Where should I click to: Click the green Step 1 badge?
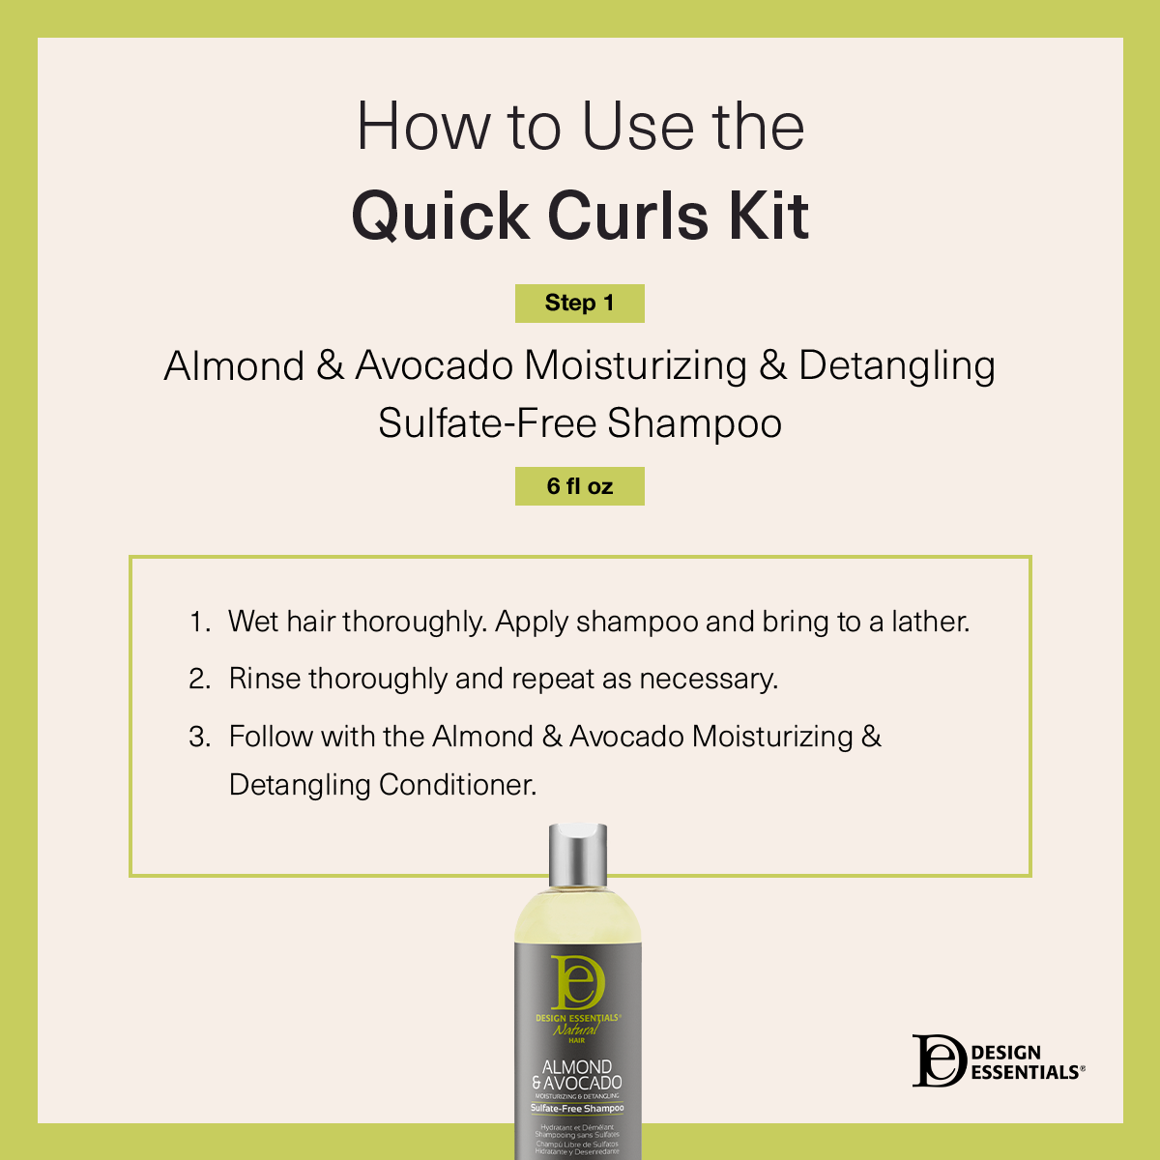[x=579, y=304]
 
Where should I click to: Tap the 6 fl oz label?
[x=579, y=486]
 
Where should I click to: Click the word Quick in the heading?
[x=441, y=215]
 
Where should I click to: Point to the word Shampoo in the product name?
[x=694, y=423]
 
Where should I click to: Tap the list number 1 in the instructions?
[x=198, y=622]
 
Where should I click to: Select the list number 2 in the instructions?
[x=199, y=679]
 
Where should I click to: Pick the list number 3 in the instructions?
[x=199, y=737]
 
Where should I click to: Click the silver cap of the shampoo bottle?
[x=577, y=855]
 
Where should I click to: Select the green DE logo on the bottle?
[x=577, y=982]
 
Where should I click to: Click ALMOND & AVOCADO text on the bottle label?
[x=577, y=1075]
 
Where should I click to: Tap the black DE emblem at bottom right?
[x=939, y=1060]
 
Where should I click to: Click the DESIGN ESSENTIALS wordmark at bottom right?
[x=1026, y=1062]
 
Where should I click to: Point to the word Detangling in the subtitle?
[x=896, y=366]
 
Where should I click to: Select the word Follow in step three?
[x=271, y=737]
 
